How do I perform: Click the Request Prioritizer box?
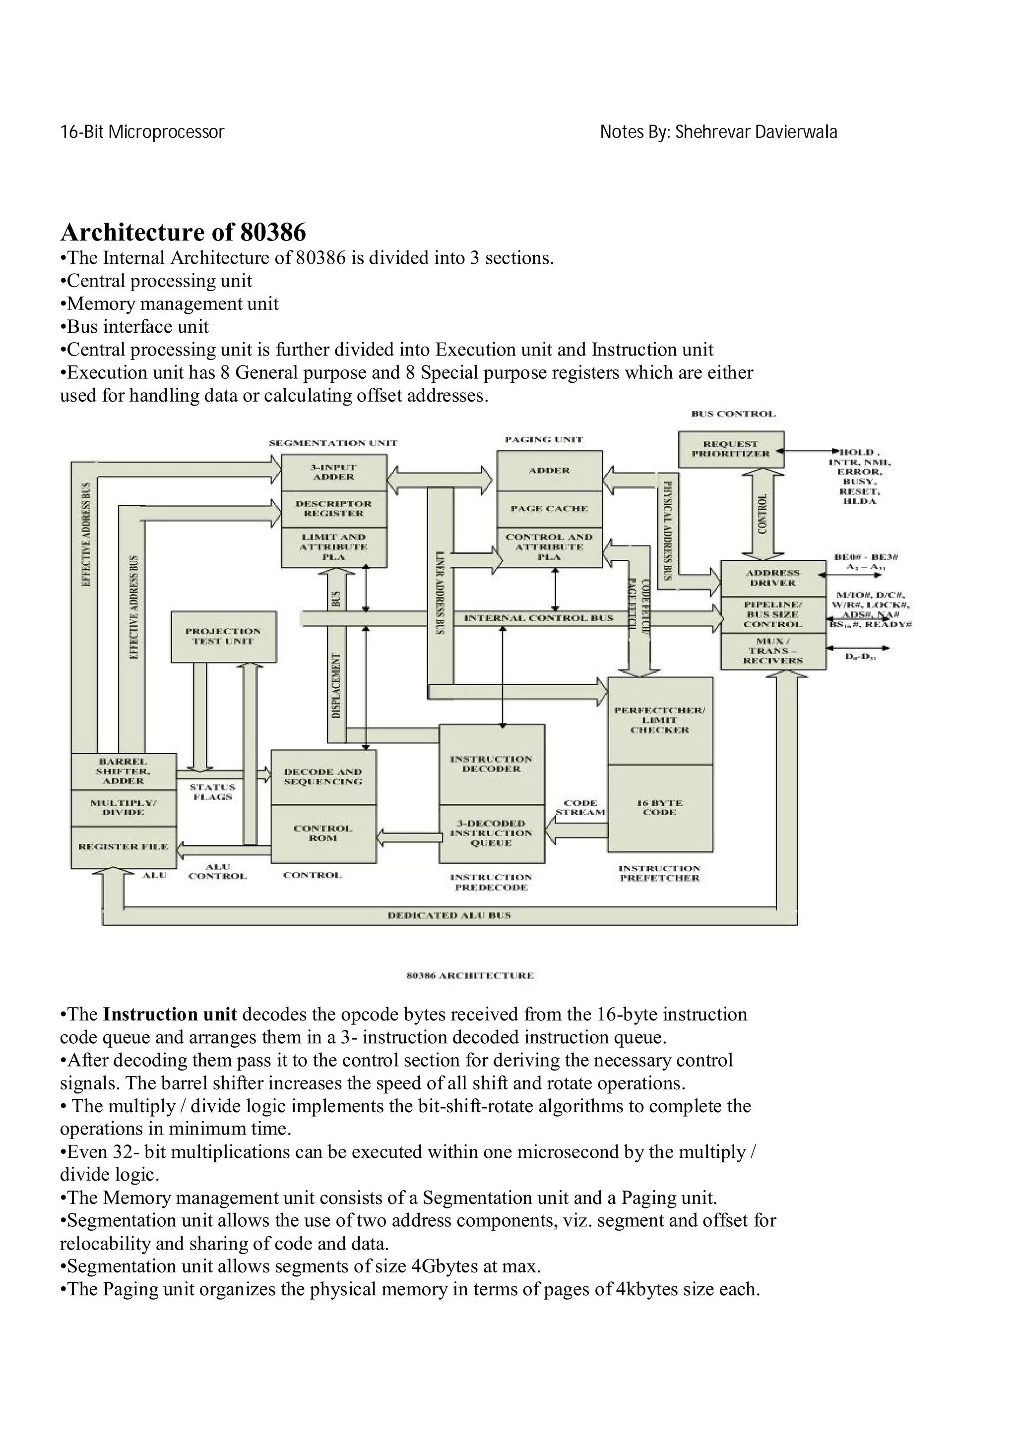pyautogui.click(x=731, y=449)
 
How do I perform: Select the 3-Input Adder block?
pyautogui.click(x=334, y=473)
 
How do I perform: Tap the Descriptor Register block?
pyautogui.click(x=334, y=509)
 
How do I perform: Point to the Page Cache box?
pyautogui.click(x=549, y=509)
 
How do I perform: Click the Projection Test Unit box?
pyautogui.click(x=223, y=637)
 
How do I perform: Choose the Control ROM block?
pyautogui.click(x=323, y=833)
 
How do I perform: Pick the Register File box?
pyautogui.click(x=124, y=847)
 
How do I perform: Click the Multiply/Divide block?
pyautogui.click(x=124, y=807)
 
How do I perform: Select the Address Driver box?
pyautogui.click(x=773, y=578)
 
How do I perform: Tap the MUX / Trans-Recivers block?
pyautogui.click(x=773, y=651)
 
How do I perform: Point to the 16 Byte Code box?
pyautogui.click(x=660, y=807)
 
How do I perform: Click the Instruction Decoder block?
pyautogui.click(x=492, y=764)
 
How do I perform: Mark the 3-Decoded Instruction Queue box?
pyautogui.click(x=492, y=833)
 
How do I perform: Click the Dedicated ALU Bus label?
pyautogui.click(x=449, y=915)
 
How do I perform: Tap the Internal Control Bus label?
pyautogui.click(x=538, y=618)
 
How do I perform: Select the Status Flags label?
pyautogui.click(x=212, y=792)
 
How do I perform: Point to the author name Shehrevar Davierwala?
pyautogui.click(x=756, y=132)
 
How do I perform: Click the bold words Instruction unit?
pyautogui.click(x=170, y=1014)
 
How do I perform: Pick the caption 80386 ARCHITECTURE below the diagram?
pyautogui.click(x=470, y=975)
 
